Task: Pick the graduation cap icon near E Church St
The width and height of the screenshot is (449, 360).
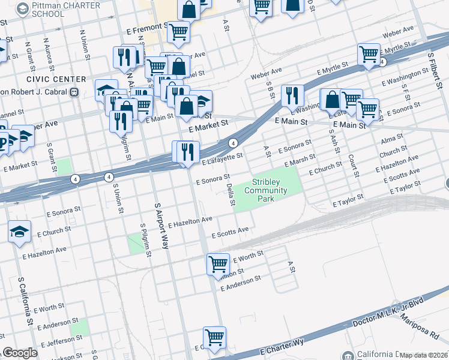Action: point(20,231)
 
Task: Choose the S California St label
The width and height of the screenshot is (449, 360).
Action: point(25,301)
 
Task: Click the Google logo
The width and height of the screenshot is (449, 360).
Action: point(20,353)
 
